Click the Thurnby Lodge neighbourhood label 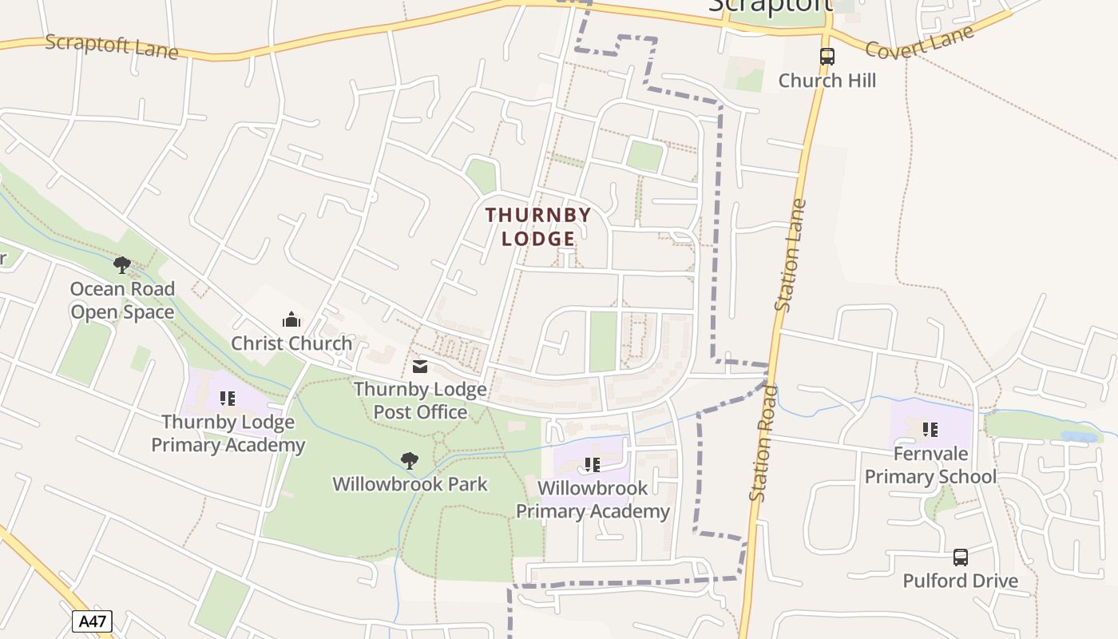(538, 227)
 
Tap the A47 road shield (92, 621)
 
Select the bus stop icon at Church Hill (827, 57)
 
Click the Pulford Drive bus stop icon (961, 557)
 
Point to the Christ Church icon (291, 319)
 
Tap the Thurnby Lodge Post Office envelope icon (420, 367)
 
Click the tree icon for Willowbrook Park (410, 460)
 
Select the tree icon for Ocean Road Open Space (122, 264)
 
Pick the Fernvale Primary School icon (930, 430)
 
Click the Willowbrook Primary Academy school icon (592, 464)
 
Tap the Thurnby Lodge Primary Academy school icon (228, 398)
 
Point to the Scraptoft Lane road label (111, 46)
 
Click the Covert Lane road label (920, 42)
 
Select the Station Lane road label (791, 255)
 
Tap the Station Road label (763, 444)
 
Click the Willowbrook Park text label (410, 484)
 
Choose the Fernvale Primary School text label (930, 465)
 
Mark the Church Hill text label (827, 81)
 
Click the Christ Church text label (291, 343)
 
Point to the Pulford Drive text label (961, 581)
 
